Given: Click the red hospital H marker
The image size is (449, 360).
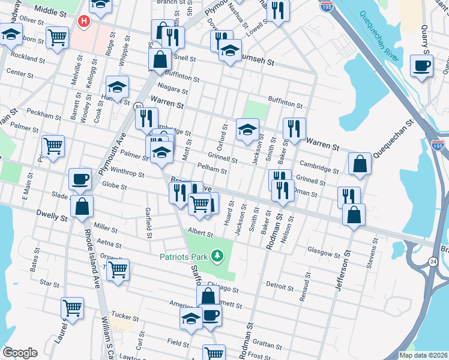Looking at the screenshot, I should coord(83,21).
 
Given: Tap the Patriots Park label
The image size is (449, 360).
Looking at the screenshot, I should coord(182,257).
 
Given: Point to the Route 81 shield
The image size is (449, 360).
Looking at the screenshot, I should coord(139,106).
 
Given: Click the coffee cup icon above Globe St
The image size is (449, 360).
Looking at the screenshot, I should coord(80,179).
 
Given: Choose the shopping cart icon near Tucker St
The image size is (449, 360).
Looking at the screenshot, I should coord(72,308).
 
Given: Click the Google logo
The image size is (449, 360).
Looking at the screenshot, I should coord(20,353).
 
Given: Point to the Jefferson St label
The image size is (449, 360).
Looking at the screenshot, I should coord(342,273).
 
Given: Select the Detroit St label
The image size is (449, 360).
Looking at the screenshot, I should coord(279,286).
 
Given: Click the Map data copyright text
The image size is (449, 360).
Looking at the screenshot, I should coord(423,355).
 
